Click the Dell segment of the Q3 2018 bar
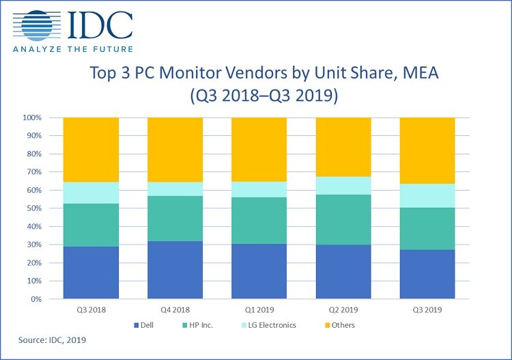coord(91,273)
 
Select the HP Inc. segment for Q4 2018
coord(175,219)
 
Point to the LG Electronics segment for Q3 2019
coord(427,195)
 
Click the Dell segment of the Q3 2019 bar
coord(427,275)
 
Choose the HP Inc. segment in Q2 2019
coord(343,220)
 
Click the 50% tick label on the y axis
coord(32,208)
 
